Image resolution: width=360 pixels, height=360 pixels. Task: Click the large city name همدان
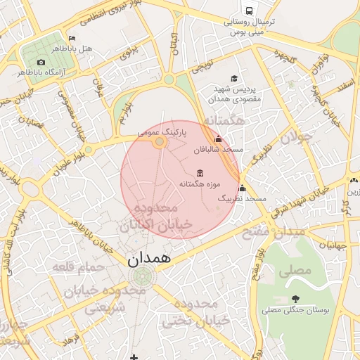click(x=149, y=258)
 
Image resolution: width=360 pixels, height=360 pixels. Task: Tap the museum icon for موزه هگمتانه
click(x=200, y=173)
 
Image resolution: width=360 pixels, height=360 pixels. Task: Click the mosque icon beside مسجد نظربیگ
click(x=243, y=188)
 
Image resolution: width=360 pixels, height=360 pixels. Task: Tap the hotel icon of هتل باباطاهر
click(x=72, y=38)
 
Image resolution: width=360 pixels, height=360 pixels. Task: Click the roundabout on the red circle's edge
click(x=160, y=142)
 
